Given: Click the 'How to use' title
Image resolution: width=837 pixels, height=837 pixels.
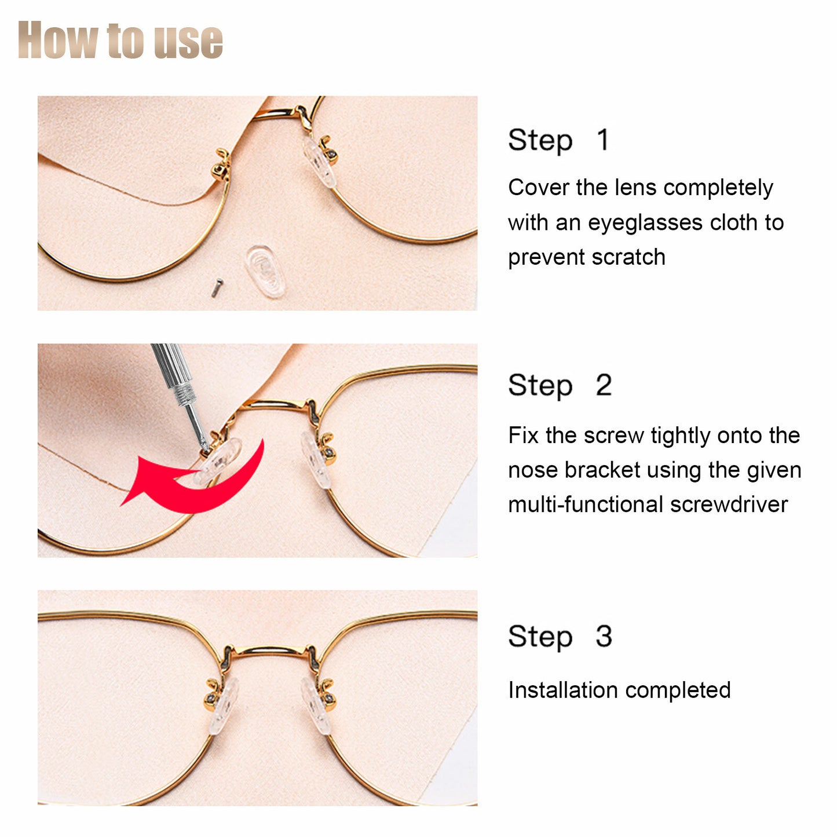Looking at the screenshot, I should pos(120,40).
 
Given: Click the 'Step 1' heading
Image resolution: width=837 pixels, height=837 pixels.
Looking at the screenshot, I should pos(558,140).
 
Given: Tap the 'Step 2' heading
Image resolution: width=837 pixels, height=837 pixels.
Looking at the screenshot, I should pos(559,386).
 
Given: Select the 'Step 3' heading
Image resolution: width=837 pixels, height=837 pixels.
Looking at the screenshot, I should pos(559,637).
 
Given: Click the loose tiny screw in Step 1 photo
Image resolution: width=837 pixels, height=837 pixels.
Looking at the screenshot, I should pos(216,287).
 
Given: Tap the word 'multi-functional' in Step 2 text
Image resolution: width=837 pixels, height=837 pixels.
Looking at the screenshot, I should pos(586,505).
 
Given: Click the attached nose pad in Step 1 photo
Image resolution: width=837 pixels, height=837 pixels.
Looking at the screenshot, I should pos(319,162).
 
